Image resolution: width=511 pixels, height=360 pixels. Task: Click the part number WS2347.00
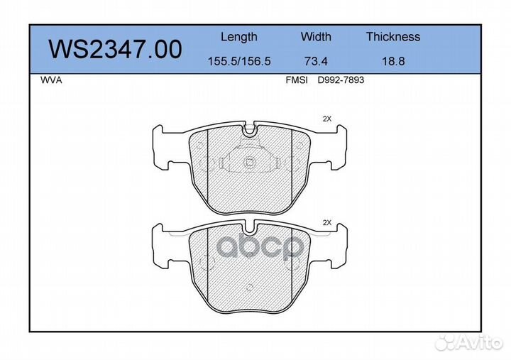[115, 49]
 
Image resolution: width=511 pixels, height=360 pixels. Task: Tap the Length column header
[239, 37]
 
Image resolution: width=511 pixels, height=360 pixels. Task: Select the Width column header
[316, 36]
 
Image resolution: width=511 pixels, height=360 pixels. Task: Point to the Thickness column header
[393, 36]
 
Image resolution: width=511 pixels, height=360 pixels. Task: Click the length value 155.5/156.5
[239, 61]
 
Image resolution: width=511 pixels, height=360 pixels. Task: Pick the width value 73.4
[316, 61]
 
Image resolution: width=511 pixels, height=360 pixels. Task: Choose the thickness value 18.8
[393, 61]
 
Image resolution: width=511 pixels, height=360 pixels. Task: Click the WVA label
[51, 80]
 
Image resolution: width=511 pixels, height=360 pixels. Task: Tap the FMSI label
[297, 80]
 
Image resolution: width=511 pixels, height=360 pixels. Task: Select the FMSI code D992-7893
[341, 80]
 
